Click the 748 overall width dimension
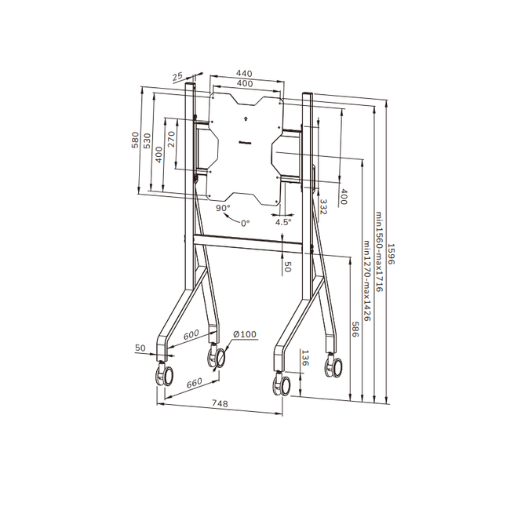click(x=220, y=403)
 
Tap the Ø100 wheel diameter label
click(x=244, y=335)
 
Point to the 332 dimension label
click(x=323, y=206)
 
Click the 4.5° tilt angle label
click(x=282, y=222)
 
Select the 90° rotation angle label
click(x=223, y=208)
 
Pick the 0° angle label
click(x=245, y=224)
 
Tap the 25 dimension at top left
click(x=177, y=77)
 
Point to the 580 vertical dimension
click(x=135, y=140)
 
